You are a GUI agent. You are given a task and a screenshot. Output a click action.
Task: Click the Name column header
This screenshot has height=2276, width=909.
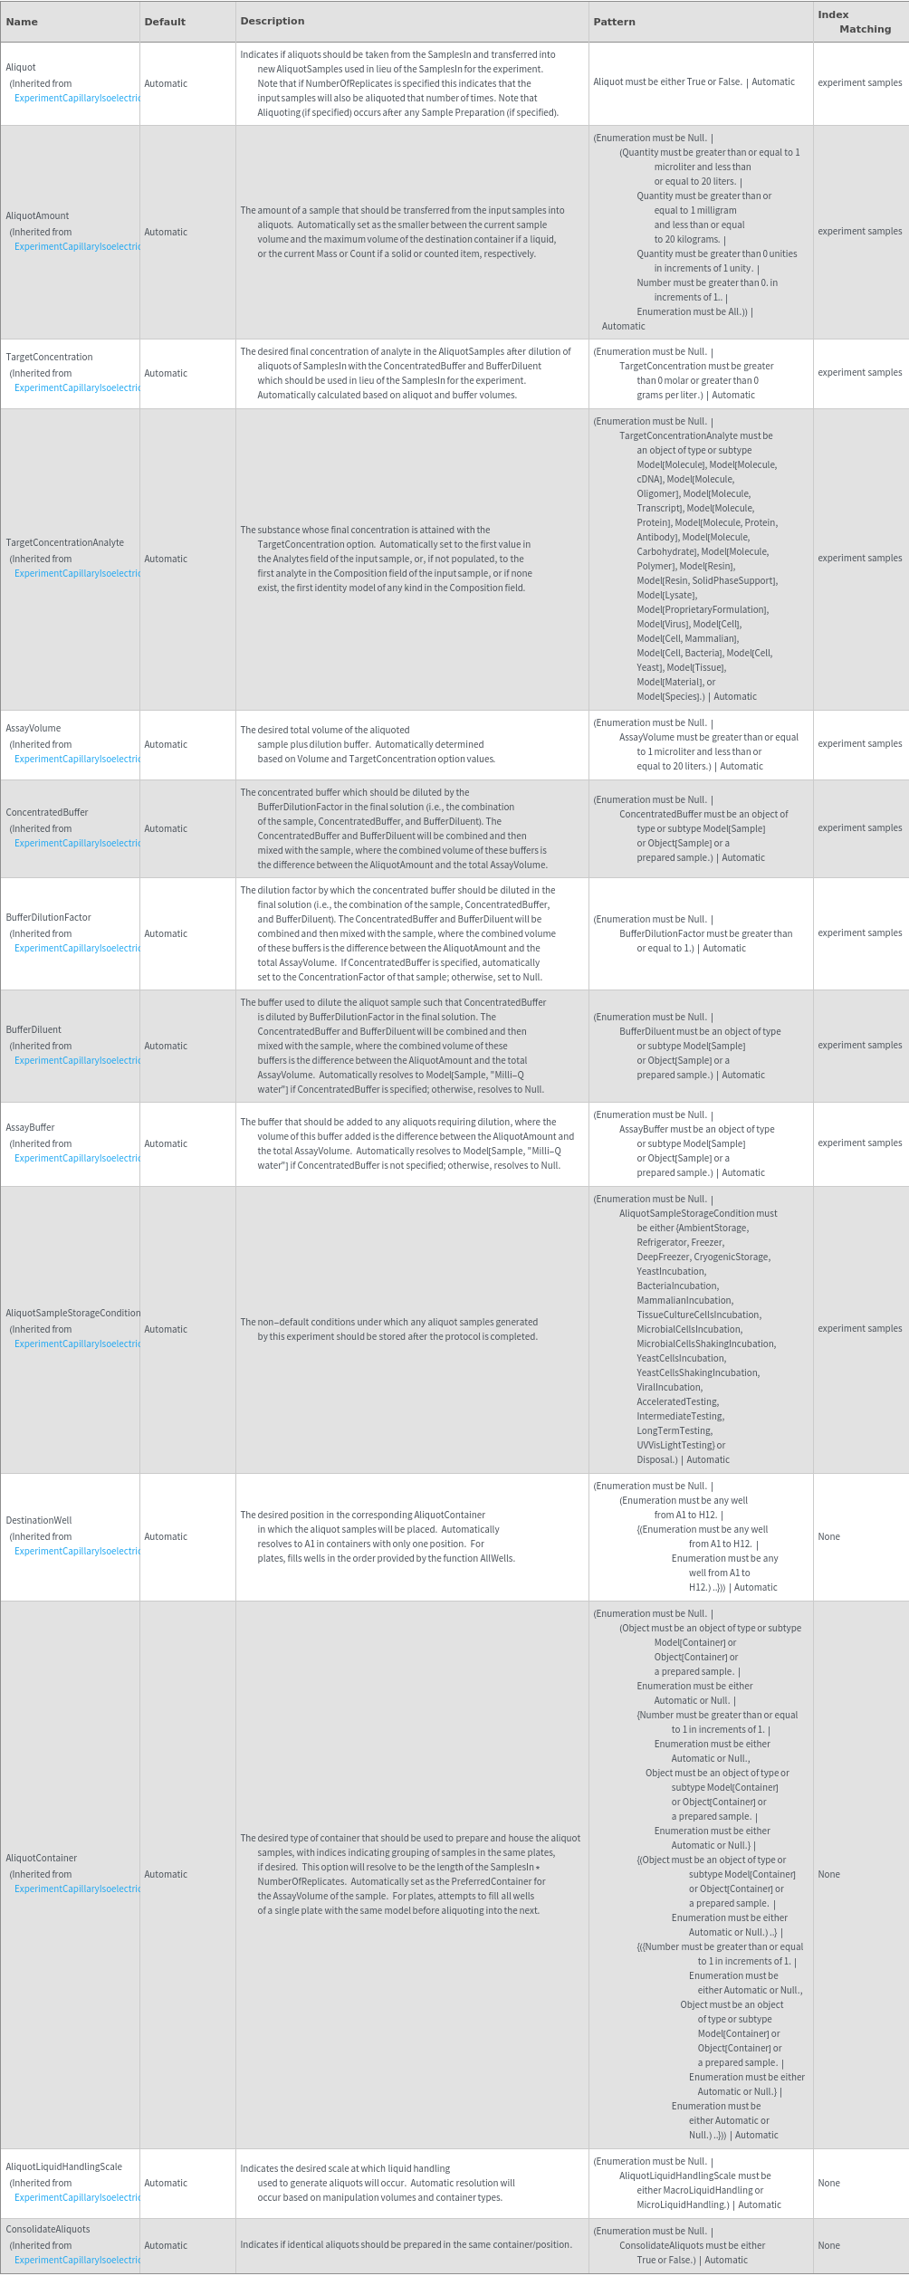[x=22, y=22]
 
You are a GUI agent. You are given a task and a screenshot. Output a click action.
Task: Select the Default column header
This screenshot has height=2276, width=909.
[x=165, y=22]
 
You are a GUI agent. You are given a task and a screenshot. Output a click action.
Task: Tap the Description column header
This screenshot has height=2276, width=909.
[x=273, y=21]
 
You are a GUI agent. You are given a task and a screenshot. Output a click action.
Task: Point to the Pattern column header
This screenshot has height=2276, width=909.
[x=614, y=22]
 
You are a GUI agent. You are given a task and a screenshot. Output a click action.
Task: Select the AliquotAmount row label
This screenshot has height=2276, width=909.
[x=37, y=215]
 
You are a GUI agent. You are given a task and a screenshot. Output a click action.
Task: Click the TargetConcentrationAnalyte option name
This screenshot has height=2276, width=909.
[x=65, y=542]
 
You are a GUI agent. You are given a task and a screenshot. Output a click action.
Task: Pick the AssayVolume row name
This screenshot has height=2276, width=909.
[x=33, y=728]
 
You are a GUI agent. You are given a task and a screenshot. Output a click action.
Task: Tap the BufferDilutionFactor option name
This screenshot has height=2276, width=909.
[x=48, y=917]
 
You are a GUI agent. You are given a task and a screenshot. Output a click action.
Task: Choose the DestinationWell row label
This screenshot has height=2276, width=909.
[x=39, y=1520]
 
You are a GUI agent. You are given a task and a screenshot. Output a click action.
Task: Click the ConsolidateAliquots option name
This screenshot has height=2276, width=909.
[x=48, y=2229]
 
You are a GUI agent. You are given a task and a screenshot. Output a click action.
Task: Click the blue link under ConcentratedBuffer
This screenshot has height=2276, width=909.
[x=77, y=843]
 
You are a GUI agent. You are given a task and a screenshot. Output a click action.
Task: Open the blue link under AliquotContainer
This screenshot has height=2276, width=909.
[x=77, y=1889]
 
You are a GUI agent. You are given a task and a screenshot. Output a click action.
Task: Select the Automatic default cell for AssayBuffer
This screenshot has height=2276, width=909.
[x=166, y=1143]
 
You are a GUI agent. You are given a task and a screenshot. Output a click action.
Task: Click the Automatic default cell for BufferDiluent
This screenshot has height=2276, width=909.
[x=166, y=1046]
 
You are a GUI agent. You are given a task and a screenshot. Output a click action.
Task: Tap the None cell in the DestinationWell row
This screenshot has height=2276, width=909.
[x=828, y=1536]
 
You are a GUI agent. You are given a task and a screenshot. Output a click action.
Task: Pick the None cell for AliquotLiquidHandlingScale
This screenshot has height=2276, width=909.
[x=828, y=2183]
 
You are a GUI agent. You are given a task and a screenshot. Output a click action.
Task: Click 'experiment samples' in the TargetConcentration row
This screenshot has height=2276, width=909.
[x=859, y=372]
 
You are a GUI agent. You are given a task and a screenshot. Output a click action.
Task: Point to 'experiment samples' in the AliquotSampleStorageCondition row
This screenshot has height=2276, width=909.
[x=859, y=1328]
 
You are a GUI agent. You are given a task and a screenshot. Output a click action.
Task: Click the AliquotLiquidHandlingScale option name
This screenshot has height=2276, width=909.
[x=63, y=2166]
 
